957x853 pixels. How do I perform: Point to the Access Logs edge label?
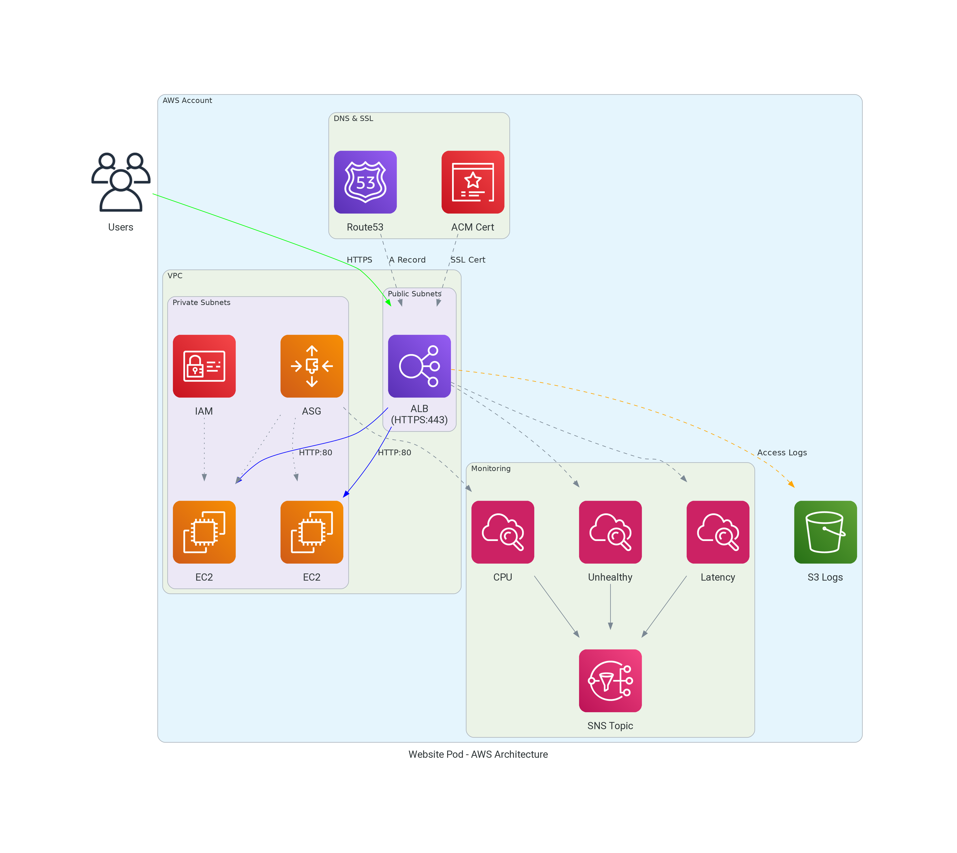coord(782,452)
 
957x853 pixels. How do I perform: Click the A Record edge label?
coord(407,260)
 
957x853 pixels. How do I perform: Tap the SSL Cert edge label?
coord(468,260)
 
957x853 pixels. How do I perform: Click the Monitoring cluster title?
coord(490,468)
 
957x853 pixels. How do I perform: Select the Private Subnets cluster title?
coord(201,302)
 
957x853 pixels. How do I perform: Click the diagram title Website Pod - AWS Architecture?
coord(478,754)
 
